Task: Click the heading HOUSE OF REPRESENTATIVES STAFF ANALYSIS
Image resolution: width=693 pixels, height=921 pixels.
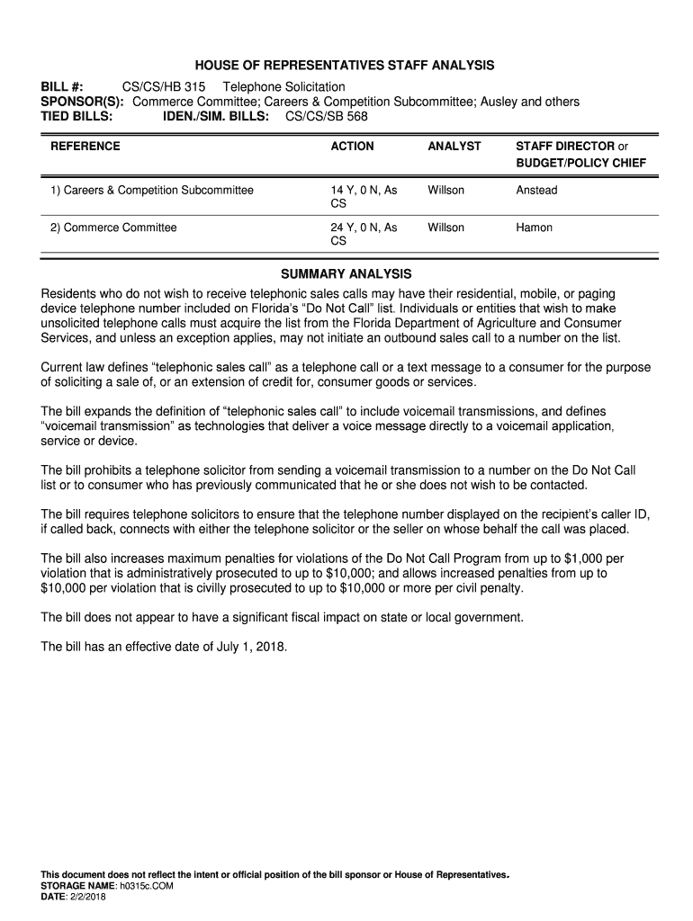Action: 346,66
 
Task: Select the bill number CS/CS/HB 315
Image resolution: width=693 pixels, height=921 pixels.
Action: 164,87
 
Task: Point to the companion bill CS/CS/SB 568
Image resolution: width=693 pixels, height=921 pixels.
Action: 326,116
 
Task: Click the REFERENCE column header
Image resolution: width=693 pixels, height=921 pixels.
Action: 85,146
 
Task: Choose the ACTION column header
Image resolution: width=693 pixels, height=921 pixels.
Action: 352,146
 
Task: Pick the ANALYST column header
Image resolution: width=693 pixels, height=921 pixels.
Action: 454,146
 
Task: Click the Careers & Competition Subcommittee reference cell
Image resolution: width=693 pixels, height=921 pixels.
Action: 152,190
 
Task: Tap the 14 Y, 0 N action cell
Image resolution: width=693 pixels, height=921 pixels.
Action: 364,190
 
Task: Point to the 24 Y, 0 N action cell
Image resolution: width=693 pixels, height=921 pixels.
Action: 364,228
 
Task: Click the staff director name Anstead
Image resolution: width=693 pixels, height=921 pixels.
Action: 536,190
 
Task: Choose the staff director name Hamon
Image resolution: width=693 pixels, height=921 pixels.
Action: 534,228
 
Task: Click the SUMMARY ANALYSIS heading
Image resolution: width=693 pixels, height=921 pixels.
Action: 346,273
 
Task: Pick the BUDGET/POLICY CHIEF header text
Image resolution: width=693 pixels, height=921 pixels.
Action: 580,164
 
